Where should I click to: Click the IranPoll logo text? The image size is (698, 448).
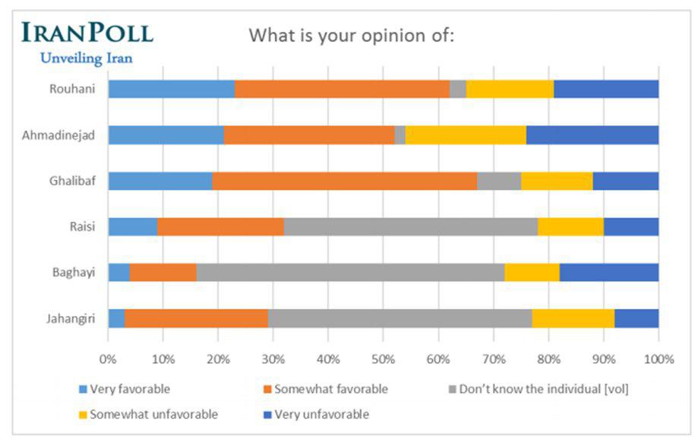point(87,33)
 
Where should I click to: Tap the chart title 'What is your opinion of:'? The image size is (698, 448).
point(352,36)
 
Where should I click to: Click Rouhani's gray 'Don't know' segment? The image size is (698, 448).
point(458,89)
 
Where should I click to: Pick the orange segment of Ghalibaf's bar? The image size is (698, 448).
point(344,181)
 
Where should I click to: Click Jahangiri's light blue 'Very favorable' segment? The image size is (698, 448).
point(116,318)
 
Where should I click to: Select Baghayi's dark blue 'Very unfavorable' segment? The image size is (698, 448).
point(609,272)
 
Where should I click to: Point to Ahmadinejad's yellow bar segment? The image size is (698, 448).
point(466,135)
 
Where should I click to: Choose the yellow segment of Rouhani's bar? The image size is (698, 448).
point(510,89)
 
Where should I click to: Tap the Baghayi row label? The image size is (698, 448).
point(77,272)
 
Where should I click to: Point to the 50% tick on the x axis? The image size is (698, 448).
point(384,358)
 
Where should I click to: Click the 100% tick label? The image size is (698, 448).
point(659,358)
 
